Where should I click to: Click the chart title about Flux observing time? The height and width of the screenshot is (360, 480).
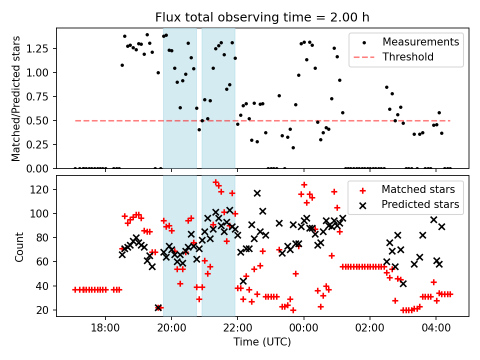pyautogui.click(x=262, y=17)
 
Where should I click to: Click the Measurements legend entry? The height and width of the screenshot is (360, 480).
pyautogui.click(x=420, y=42)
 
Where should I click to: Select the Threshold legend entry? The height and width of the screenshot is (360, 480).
pyautogui.click(x=407, y=57)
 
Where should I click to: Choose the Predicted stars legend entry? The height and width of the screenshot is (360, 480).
pyautogui.click(x=420, y=204)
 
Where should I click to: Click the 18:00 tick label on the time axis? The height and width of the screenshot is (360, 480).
pyautogui.click(x=105, y=330)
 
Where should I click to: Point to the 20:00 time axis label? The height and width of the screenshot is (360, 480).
pyautogui.click(x=171, y=330)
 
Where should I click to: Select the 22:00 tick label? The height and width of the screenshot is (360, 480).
pyautogui.click(x=237, y=330)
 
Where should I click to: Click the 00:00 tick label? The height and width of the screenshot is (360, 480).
pyautogui.click(x=303, y=330)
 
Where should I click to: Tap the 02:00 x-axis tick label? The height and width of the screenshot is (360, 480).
pyautogui.click(x=369, y=330)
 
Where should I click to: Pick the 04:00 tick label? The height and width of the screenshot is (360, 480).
pyautogui.click(x=435, y=330)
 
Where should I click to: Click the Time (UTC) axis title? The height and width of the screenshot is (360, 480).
pyautogui.click(x=262, y=342)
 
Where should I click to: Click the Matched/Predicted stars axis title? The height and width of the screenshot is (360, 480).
pyautogui.click(x=16, y=98)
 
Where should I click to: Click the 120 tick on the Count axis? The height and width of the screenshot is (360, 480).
pyautogui.click(x=42, y=189)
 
